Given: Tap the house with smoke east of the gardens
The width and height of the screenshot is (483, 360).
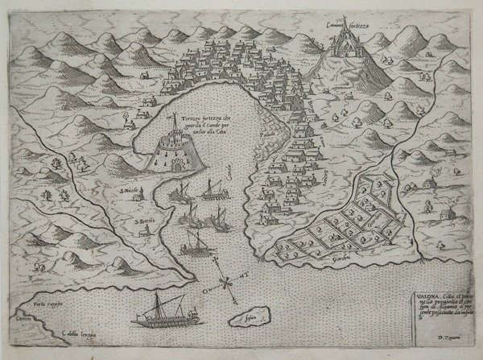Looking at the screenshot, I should pyautogui.click(x=441, y=213).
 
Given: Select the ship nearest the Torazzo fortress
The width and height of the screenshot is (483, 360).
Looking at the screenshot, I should pyautogui.click(x=182, y=191).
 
